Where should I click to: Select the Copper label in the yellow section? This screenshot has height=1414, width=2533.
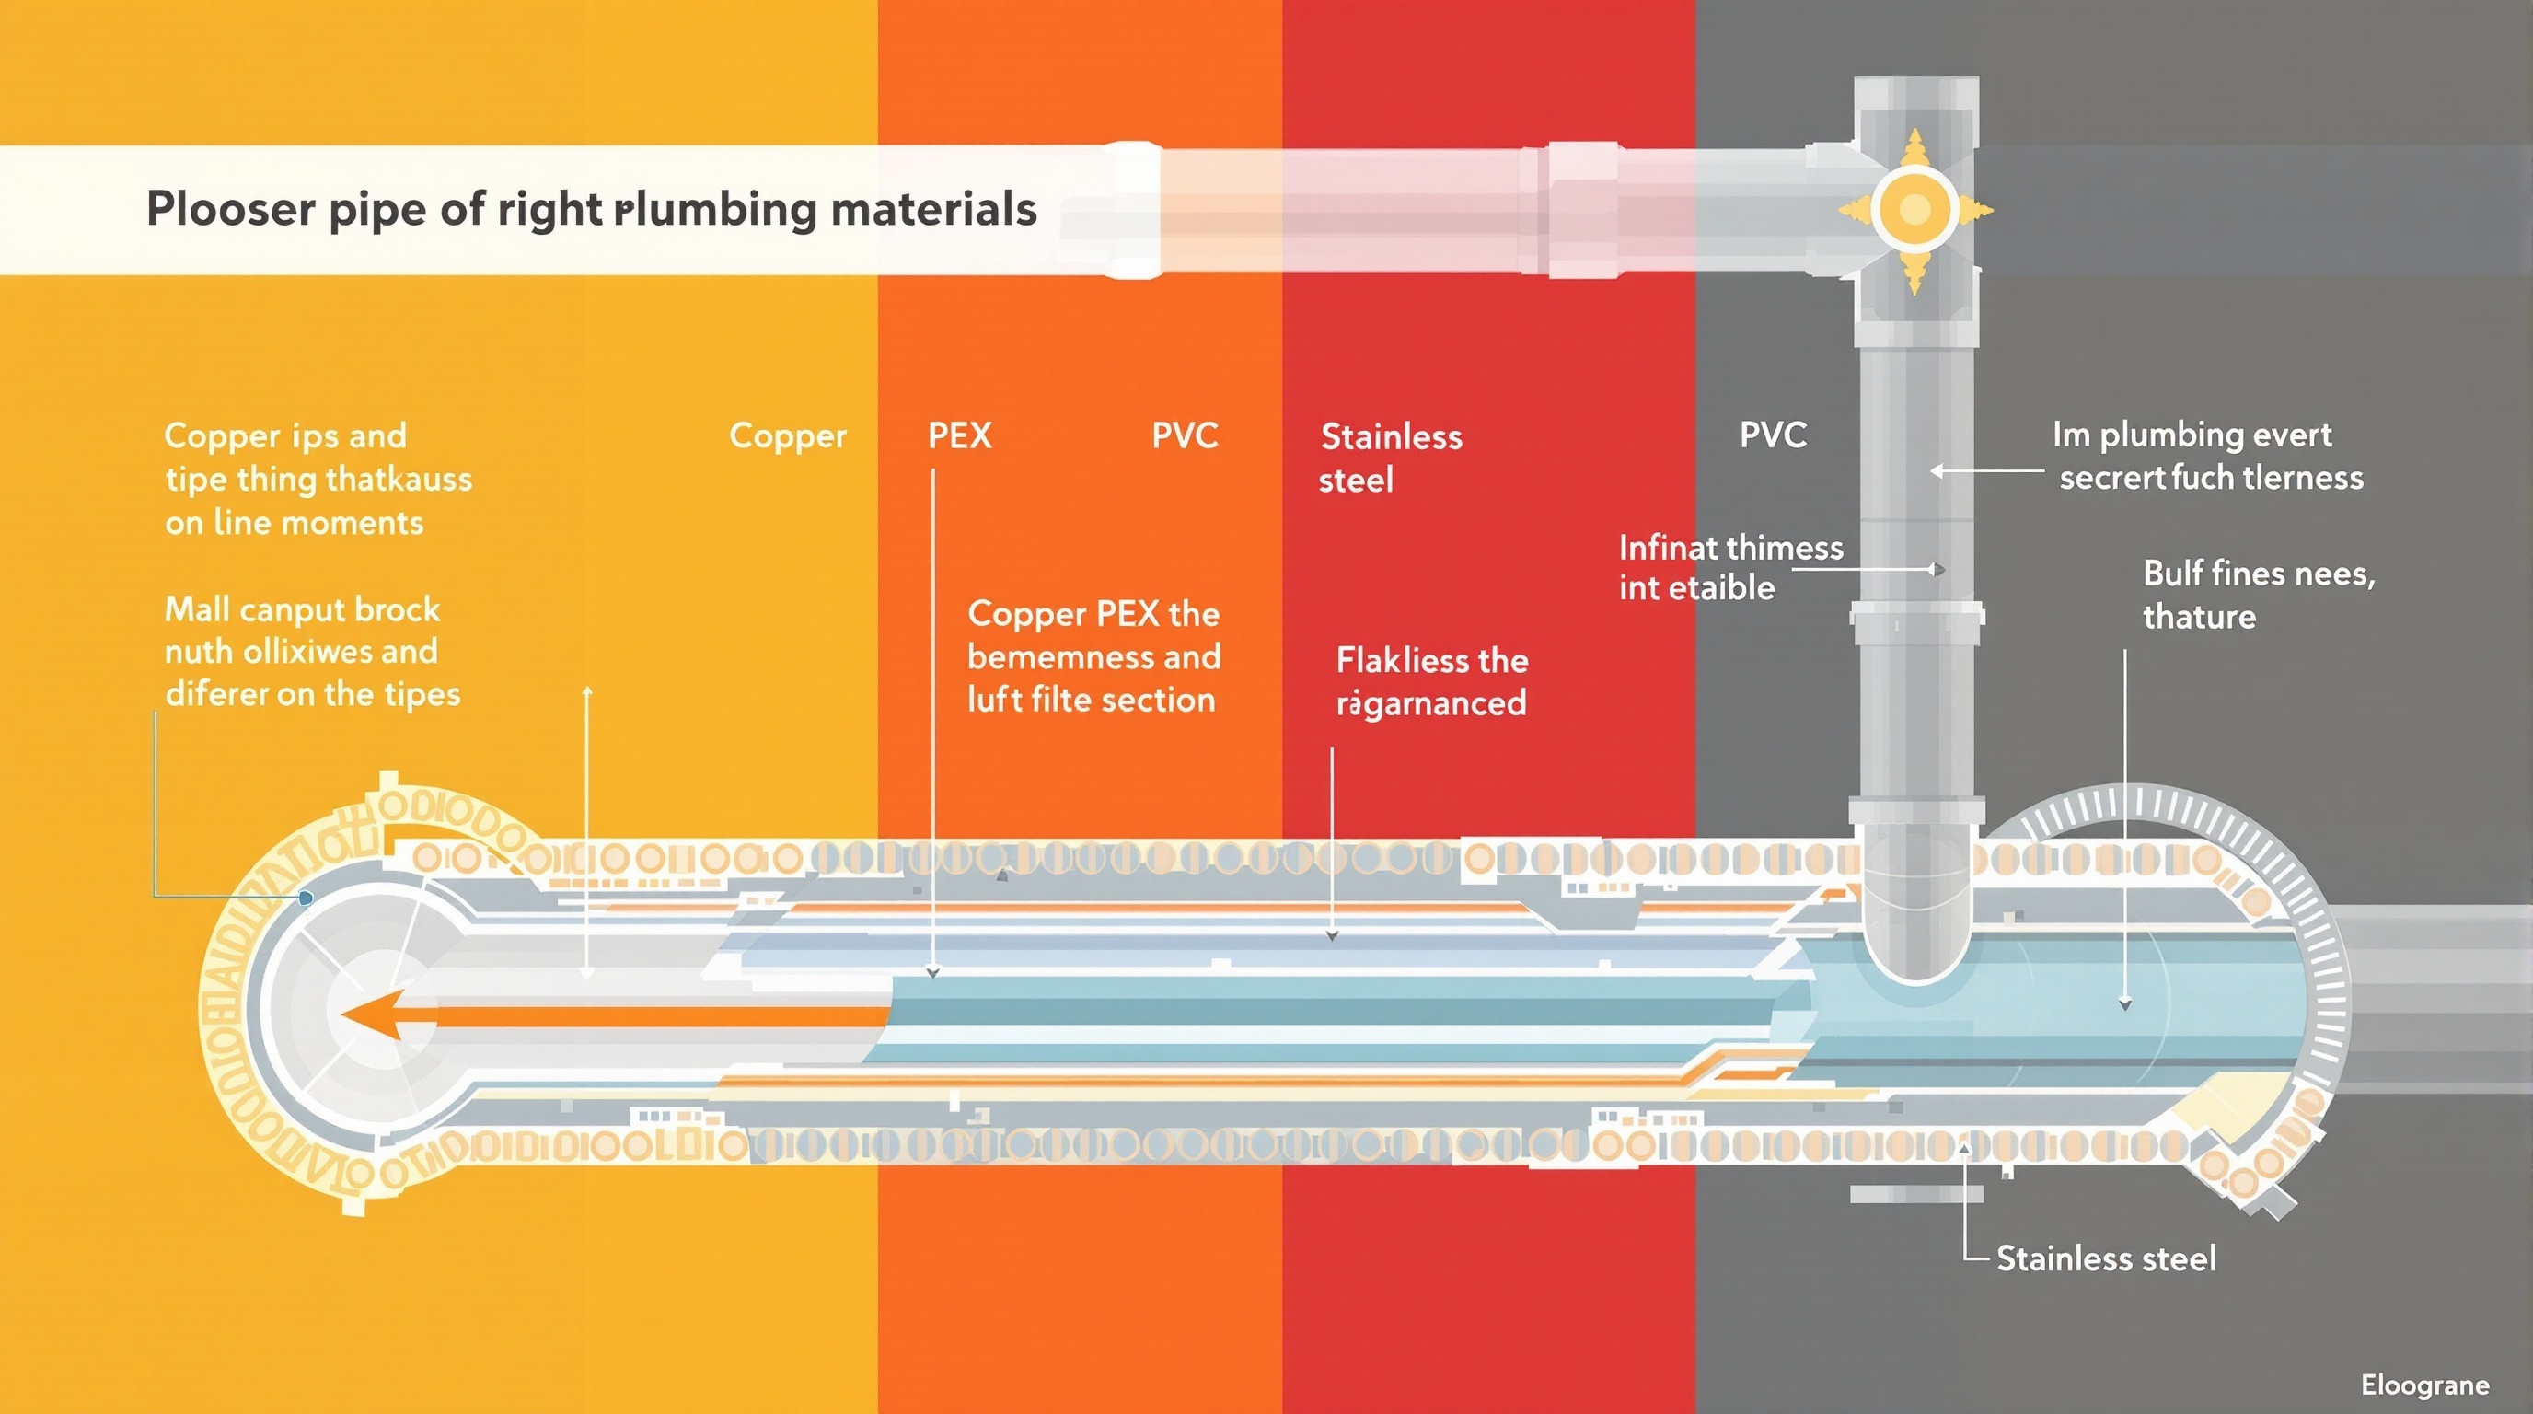coord(787,435)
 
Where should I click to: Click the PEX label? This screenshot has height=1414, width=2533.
coord(960,435)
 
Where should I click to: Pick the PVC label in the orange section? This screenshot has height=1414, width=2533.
coord(1185,435)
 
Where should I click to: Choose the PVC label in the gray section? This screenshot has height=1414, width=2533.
coord(1773,435)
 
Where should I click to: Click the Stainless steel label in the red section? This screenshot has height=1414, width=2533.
coord(1390,458)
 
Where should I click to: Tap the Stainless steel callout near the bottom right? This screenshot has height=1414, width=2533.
coord(2105,1258)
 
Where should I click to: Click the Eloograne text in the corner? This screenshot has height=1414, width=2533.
coord(2424,1385)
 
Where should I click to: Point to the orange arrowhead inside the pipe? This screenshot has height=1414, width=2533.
coord(372,1014)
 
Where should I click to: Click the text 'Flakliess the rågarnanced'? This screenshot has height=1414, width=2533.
coord(1431,681)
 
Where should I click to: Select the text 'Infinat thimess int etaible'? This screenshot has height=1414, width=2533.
coord(1729,567)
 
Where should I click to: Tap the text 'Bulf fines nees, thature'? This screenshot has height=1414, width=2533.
coord(2258,595)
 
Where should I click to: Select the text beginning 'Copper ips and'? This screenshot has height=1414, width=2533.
coord(317,479)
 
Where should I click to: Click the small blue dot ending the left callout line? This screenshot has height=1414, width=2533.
coord(306,898)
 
